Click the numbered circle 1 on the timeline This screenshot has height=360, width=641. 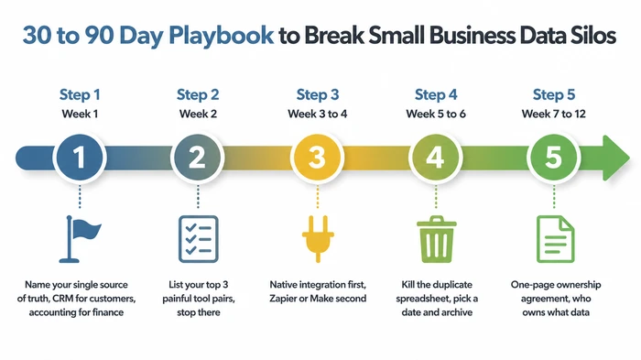point(80,158)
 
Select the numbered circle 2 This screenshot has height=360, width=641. point(198,158)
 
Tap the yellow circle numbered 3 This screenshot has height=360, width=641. point(317,158)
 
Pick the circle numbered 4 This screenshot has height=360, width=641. point(435,158)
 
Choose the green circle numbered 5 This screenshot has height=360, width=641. point(553,158)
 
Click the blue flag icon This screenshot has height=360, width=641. point(80,236)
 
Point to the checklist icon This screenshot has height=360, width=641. point(198,236)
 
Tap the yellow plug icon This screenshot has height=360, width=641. point(317,236)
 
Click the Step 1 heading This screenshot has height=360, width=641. point(80,94)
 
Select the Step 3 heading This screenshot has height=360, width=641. point(317,94)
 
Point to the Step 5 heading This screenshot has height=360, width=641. point(553,94)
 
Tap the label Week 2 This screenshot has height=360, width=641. point(198,115)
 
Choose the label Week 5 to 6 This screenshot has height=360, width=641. point(435,115)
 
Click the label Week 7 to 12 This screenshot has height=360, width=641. point(553,115)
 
